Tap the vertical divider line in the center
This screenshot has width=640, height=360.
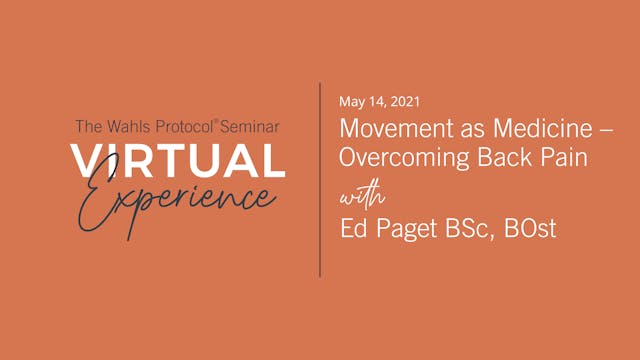320,180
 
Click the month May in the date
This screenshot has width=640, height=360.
352,103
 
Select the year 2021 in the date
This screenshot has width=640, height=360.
402,102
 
